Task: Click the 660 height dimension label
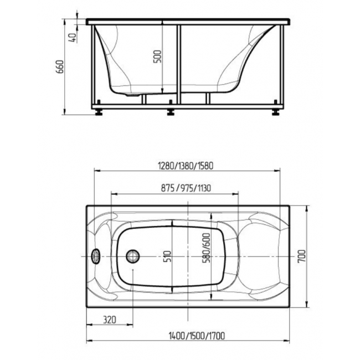(x=60, y=66)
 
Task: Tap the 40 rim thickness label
(x=73, y=38)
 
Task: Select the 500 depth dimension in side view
(x=157, y=56)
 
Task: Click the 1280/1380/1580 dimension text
(x=186, y=166)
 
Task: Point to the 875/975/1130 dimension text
(x=186, y=188)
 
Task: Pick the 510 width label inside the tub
(x=168, y=256)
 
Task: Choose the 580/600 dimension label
(x=206, y=248)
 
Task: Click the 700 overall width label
(x=302, y=256)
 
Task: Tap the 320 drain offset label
(x=110, y=320)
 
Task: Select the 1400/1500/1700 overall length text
(x=197, y=336)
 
